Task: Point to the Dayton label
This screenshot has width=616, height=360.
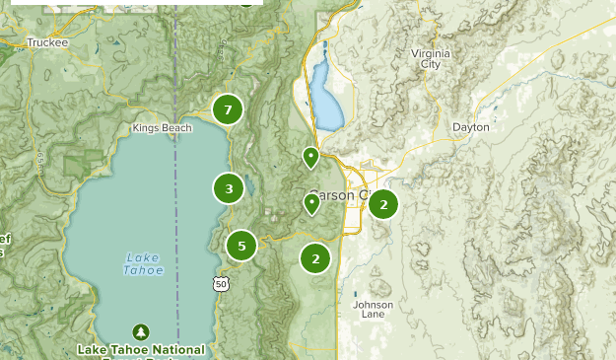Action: point(470,127)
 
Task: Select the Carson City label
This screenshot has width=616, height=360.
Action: point(340,195)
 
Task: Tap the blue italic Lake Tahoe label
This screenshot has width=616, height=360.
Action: point(144,264)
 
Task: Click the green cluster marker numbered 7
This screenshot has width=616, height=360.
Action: point(228,110)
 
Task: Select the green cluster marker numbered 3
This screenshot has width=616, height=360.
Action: point(229,188)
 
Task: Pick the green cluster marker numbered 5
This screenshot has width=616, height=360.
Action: point(241,247)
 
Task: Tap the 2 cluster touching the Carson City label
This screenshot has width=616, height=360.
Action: point(382,205)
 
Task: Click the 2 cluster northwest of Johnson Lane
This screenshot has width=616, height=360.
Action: point(315,259)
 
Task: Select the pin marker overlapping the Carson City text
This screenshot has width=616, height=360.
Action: point(311,203)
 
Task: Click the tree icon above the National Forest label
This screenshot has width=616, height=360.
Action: point(141,331)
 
